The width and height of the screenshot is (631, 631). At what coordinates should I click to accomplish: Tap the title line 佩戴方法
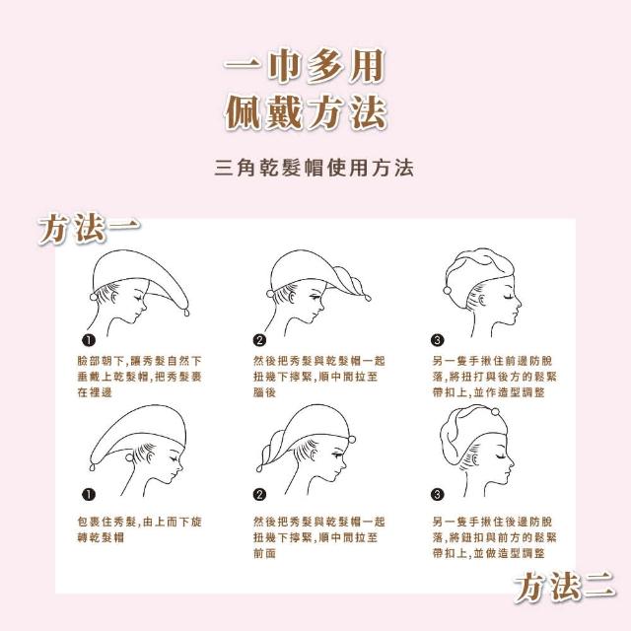pyautogui.click(x=306, y=111)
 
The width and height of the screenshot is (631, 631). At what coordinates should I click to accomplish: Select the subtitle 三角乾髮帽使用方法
pyautogui.click(x=314, y=168)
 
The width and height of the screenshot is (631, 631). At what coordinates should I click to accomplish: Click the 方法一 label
pyautogui.click(x=89, y=228)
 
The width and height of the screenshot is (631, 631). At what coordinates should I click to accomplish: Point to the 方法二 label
pyautogui.click(x=565, y=587)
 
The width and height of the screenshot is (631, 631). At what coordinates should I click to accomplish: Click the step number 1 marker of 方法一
pyautogui.click(x=89, y=340)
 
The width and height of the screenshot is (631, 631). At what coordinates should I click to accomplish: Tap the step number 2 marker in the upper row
pyautogui.click(x=259, y=340)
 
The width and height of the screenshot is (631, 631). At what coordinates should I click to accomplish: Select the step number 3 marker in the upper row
pyautogui.click(x=438, y=340)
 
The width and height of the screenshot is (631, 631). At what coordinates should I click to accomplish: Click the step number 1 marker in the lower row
pyautogui.click(x=89, y=494)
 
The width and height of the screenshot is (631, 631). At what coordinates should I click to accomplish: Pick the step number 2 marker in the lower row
pyautogui.click(x=259, y=494)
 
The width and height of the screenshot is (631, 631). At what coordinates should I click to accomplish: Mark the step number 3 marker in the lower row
pyautogui.click(x=438, y=494)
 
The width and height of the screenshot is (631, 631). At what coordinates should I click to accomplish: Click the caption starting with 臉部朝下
pyautogui.click(x=139, y=377)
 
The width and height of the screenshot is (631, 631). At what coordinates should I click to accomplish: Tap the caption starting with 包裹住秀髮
pyautogui.click(x=139, y=529)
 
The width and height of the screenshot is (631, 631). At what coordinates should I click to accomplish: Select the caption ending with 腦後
pyautogui.click(x=319, y=377)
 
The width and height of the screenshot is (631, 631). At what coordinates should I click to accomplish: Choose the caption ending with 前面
pyautogui.click(x=319, y=537)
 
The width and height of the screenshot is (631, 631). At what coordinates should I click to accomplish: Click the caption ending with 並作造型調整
pyautogui.click(x=495, y=377)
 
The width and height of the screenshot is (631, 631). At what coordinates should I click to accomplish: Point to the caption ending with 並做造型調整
pyautogui.click(x=495, y=537)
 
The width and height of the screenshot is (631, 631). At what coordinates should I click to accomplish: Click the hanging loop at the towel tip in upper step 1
pyautogui.click(x=186, y=312)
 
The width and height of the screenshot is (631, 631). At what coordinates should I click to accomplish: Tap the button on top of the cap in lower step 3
pyautogui.click(x=495, y=412)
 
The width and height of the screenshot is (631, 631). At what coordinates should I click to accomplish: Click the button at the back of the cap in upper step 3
pyautogui.click(x=447, y=291)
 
